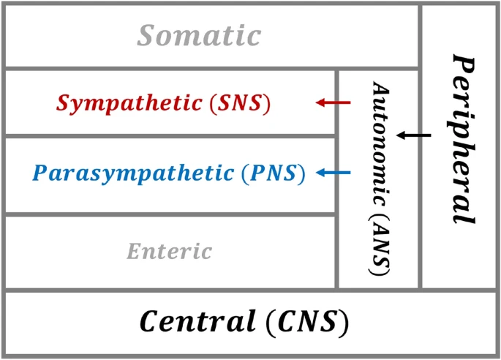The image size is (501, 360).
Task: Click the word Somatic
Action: pyautogui.click(x=200, y=35)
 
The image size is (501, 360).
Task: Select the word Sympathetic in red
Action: pyautogui.click(x=129, y=103)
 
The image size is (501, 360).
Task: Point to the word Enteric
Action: pyautogui.click(x=169, y=252)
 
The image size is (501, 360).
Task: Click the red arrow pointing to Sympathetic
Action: pyautogui.click(x=333, y=103)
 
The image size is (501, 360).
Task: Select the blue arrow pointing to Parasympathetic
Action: pyautogui.click(x=333, y=173)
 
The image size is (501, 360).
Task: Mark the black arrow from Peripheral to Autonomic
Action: pyautogui.click(x=414, y=135)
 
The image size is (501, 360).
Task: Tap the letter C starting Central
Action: pyautogui.click(x=149, y=321)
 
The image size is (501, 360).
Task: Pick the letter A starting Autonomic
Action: pyautogui.click(x=380, y=88)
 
